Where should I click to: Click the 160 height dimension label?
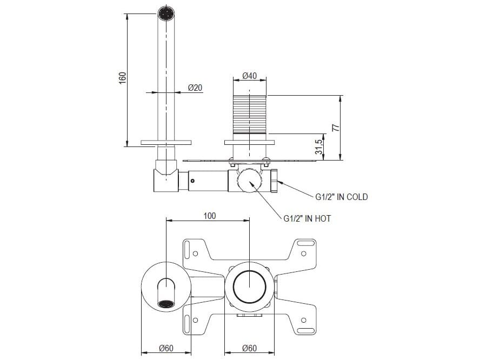(122, 77)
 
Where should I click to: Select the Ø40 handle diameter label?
(249, 76)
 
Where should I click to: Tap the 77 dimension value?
(335, 128)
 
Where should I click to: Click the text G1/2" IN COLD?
(341, 197)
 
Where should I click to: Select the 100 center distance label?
(210, 216)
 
